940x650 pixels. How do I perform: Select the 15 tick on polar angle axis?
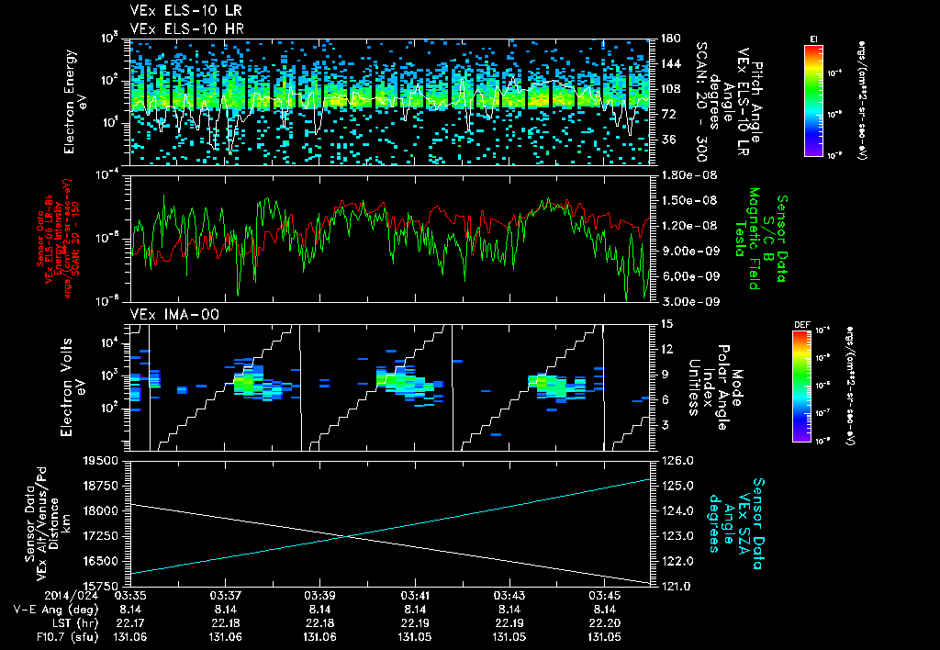[665, 324]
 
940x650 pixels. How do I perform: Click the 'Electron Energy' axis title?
[70, 100]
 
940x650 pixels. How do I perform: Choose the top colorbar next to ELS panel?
[813, 99]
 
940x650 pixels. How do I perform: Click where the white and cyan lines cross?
[345, 537]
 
